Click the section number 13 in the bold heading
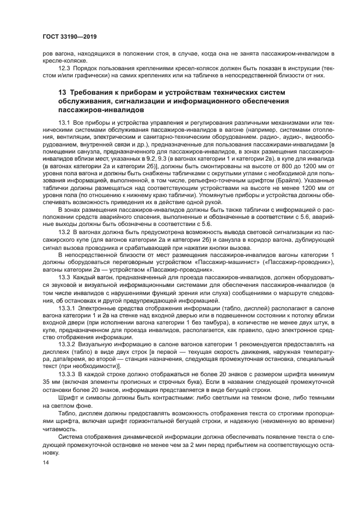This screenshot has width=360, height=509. (x=63, y=93)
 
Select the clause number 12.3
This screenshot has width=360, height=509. (x=65, y=68)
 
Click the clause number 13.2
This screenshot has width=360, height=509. (x=65, y=231)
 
